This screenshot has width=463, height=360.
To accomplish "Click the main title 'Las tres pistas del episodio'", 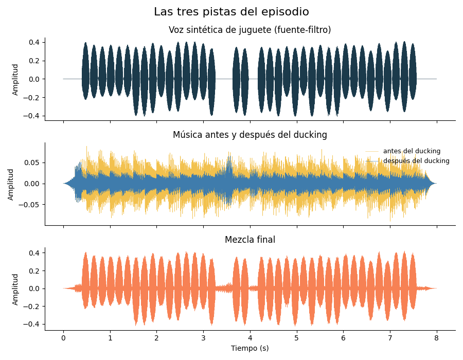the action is [x=232, y=12].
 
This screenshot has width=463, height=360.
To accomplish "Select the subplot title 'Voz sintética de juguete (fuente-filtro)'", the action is [x=250, y=30].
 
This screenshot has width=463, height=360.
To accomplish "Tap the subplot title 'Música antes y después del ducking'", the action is [x=250, y=135].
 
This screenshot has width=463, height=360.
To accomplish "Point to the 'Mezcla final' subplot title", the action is [x=250, y=240].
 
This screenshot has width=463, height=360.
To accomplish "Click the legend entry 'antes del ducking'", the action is [x=412, y=151].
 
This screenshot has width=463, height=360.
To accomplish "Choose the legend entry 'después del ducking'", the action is [x=416, y=161].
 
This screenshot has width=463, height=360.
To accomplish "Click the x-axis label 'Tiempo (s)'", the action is [x=250, y=348].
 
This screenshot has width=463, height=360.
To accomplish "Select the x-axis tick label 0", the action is [x=63, y=338].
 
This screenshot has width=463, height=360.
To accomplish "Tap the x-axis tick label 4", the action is [x=250, y=338].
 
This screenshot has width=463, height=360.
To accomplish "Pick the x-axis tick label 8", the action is [x=437, y=338].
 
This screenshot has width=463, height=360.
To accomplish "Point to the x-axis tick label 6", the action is [x=344, y=338].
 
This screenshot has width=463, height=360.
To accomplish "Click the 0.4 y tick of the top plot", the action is [x=34, y=43].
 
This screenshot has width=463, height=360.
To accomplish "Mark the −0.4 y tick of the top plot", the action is [x=31, y=116].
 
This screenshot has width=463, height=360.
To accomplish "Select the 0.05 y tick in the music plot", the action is [x=31, y=163].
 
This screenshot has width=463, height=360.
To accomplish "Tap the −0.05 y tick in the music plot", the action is [x=29, y=205].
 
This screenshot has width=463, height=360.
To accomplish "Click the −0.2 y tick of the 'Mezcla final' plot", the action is [x=31, y=307].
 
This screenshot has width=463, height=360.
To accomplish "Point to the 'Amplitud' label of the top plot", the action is [x=15, y=79].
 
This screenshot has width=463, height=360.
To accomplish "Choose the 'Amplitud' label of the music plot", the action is [x=11, y=185].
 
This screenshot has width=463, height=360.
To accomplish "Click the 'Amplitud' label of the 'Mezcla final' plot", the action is [x=15, y=289].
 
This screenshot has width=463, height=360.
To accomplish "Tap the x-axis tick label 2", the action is [x=157, y=338].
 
